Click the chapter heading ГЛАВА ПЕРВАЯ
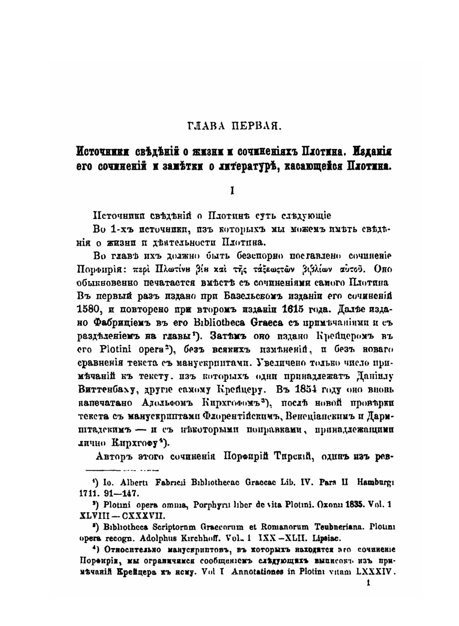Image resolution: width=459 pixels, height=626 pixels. [x=232, y=125]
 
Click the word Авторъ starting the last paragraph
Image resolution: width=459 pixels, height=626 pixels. [x=115, y=457]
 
